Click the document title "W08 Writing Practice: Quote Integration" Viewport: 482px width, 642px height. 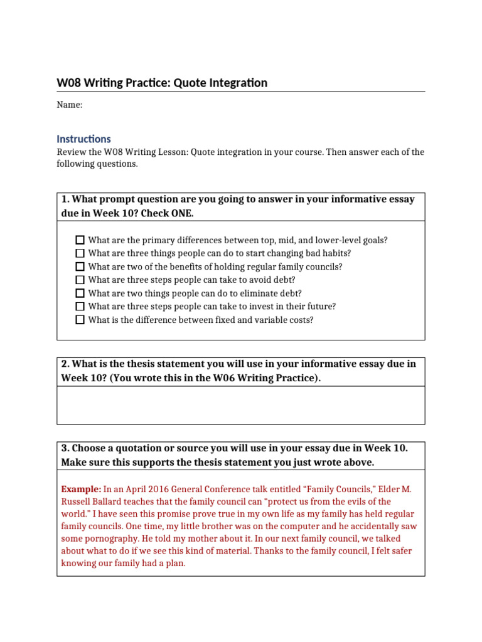pyautogui.click(x=162, y=83)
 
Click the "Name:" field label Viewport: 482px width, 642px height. pyautogui.click(x=70, y=105)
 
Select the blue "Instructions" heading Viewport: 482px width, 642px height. pyautogui.click(x=83, y=139)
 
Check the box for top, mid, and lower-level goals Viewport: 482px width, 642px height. pyautogui.click(x=80, y=240)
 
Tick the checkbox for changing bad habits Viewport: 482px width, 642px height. pyautogui.click(x=80, y=253)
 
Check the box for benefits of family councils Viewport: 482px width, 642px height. pyautogui.click(x=80, y=266)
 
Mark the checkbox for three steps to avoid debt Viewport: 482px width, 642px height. pyautogui.click(x=80, y=280)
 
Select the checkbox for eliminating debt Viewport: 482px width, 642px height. pyautogui.click(x=80, y=293)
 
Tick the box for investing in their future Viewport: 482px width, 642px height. pyautogui.click(x=80, y=307)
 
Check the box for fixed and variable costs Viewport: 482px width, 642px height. pyautogui.click(x=80, y=320)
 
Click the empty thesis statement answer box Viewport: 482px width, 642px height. pyautogui.click(x=240, y=405)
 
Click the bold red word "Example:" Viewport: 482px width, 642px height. pyautogui.click(x=81, y=489)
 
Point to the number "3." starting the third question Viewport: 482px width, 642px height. pyautogui.click(x=65, y=448)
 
